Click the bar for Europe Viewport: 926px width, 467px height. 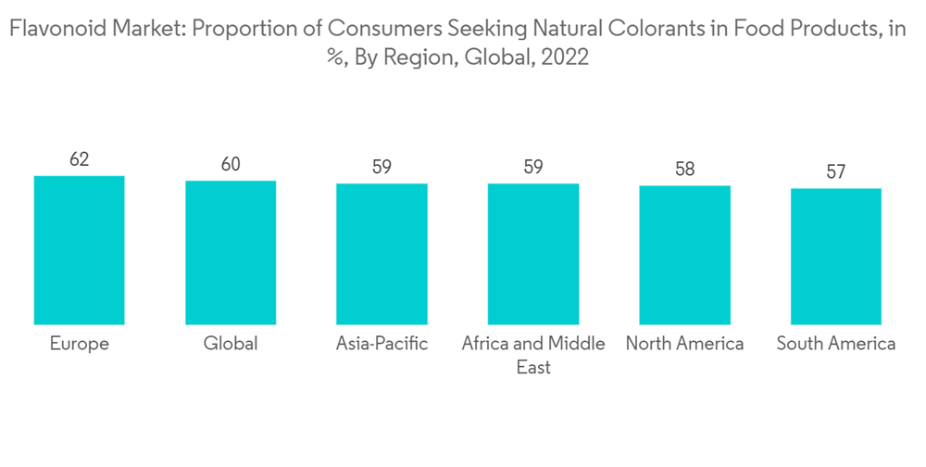[x=79, y=249]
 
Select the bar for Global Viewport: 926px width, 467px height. [x=231, y=252]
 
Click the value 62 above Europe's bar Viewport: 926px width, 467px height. [x=79, y=159]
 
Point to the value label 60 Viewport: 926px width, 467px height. [x=231, y=165]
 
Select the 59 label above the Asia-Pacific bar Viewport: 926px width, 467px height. [x=382, y=168]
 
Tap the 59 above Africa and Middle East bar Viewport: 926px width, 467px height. [x=533, y=168]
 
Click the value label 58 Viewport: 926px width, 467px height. [x=684, y=170]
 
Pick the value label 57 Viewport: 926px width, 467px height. [x=836, y=172]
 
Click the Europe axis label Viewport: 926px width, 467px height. [x=79, y=344]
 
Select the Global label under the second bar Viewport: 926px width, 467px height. [x=231, y=344]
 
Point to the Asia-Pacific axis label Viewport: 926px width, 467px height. [x=382, y=344]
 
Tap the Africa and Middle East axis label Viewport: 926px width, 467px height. [x=533, y=355]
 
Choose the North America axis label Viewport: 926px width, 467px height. [x=684, y=344]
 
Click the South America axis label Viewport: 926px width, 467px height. [x=836, y=344]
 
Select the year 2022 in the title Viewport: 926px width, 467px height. [x=561, y=57]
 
